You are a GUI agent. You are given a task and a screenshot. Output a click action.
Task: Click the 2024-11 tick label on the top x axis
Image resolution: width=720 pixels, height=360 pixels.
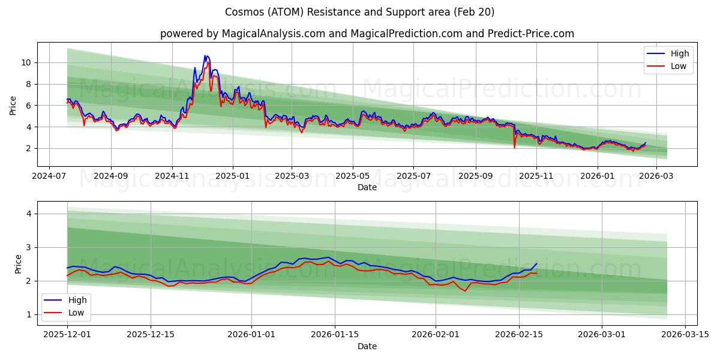pos(172,177)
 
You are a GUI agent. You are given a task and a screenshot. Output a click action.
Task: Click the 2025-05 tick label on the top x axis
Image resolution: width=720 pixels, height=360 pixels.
pos(353,177)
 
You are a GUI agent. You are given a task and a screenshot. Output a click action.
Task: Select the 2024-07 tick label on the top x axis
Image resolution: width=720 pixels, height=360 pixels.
pos(49,177)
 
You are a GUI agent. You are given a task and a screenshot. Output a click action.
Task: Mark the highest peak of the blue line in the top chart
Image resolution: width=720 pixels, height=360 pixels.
pos(206,56)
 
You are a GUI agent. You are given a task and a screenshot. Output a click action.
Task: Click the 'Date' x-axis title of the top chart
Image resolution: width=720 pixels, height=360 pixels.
pos(367,187)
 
